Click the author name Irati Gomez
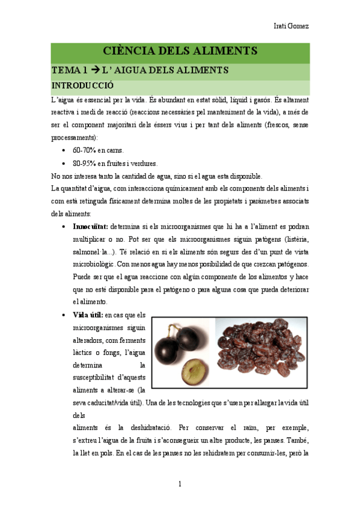pyautogui.click(x=291, y=26)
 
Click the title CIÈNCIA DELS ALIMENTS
pyautogui.click(x=180, y=51)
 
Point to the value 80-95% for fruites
pyautogui.click(x=82, y=163)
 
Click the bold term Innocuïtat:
pyautogui.click(x=90, y=227)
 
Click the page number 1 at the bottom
pyautogui.click(x=180, y=484)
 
